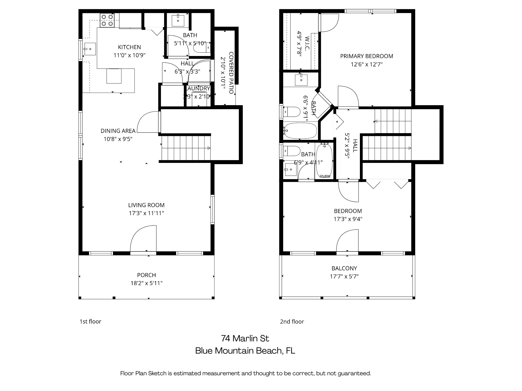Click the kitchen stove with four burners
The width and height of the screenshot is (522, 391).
click(x=107, y=20)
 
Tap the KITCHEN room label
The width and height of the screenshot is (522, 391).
click(x=129, y=47)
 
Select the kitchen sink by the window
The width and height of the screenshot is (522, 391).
click(x=90, y=49)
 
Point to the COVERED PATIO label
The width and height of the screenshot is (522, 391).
click(x=231, y=73)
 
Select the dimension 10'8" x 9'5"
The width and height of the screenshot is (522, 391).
click(x=118, y=139)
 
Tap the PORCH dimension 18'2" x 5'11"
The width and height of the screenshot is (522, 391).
click(x=147, y=283)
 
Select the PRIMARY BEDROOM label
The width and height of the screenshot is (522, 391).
click(x=367, y=56)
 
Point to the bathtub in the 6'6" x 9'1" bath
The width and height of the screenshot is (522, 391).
click(x=300, y=131)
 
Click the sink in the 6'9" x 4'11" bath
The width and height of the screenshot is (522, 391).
click(x=291, y=170)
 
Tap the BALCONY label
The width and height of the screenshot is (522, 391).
click(x=344, y=268)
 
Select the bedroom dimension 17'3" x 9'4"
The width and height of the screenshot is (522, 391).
click(x=348, y=219)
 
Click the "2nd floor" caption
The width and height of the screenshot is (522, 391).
click(x=292, y=322)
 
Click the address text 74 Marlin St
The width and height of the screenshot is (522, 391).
click(x=245, y=339)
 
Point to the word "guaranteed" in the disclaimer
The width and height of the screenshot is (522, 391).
click(x=354, y=373)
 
